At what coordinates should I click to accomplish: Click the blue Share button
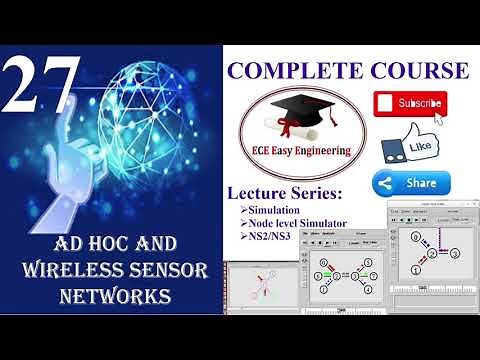pyautogui.click(x=411, y=184)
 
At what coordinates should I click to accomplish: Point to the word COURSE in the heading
pyautogui.click(x=421, y=70)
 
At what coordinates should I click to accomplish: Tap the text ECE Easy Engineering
pyautogui.click(x=304, y=150)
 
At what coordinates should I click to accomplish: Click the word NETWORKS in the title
pyautogui.click(x=112, y=296)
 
